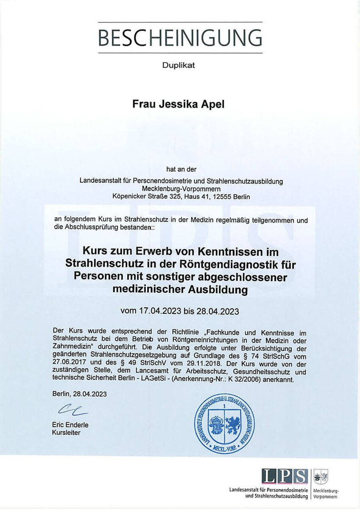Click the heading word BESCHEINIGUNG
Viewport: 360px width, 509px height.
(x=180, y=38)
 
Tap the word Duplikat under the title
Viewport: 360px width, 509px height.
(x=179, y=65)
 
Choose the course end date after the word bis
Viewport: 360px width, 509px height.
(x=217, y=311)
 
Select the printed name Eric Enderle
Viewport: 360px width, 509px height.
(x=70, y=425)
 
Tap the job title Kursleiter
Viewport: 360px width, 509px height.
(x=66, y=433)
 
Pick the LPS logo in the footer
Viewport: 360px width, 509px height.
(x=285, y=476)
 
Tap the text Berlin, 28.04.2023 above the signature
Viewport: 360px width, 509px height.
(x=80, y=394)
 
